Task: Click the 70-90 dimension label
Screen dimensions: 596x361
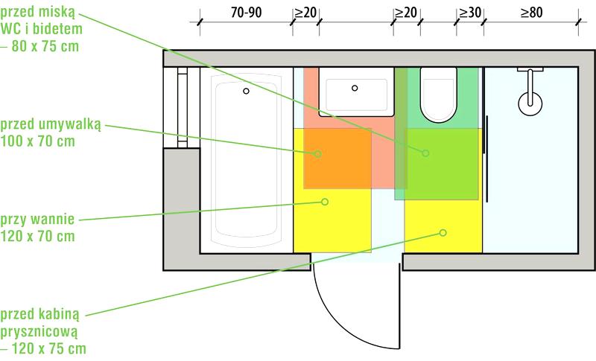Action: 247,13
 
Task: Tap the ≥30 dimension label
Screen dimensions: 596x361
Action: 470,13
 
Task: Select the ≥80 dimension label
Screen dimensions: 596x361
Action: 531,13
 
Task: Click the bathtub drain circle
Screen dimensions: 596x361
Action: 246,91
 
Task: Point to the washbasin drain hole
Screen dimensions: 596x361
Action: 355,88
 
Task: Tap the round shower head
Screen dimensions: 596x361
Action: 530,103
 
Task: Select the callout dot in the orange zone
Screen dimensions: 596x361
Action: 318,154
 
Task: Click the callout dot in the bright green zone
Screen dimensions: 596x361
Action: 425,153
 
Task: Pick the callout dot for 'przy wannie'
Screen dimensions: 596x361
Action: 325,202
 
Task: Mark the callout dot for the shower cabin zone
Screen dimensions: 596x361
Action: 443,233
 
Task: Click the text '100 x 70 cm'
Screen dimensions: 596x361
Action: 38,141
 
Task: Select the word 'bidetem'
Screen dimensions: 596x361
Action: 57,29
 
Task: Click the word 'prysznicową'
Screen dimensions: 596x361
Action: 39,332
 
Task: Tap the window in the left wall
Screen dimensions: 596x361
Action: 182,107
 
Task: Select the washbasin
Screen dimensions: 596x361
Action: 356,92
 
